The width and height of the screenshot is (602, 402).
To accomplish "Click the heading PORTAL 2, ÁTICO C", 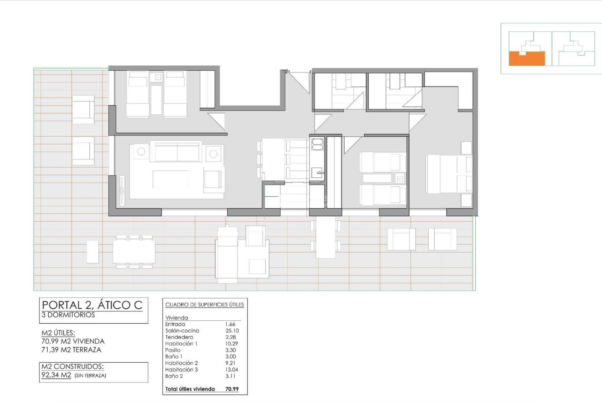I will point(92,305).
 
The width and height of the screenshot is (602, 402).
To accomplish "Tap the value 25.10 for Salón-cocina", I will point(232,331).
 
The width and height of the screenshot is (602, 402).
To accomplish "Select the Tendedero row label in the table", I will point(179,337).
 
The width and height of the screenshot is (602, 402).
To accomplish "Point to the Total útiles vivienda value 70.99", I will point(232,389).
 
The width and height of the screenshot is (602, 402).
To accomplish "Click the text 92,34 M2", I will point(56,375).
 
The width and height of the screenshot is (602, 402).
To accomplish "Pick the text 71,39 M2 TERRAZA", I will point(71,350).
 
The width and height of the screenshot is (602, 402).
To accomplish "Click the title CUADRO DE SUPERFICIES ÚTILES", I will point(204,305).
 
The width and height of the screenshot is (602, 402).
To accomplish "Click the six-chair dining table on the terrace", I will point(134,252).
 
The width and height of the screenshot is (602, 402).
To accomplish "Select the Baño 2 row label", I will point(174,376).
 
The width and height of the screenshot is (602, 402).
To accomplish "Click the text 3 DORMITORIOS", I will point(68,315).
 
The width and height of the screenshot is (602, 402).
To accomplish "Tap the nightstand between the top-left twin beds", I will point(156,77).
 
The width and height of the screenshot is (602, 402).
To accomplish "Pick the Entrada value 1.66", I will point(230,324).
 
